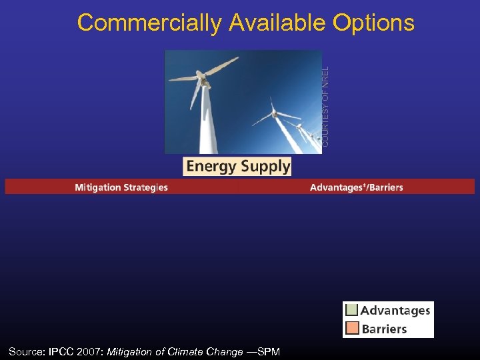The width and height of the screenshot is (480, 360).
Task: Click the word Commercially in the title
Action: click(149, 23)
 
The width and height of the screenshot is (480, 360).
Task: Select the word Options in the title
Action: click(372, 23)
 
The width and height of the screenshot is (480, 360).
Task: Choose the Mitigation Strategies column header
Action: click(121, 187)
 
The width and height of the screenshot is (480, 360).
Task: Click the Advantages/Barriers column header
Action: click(356, 187)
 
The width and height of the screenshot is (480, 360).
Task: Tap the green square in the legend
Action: click(351, 310)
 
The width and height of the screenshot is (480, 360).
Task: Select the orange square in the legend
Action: click(351, 328)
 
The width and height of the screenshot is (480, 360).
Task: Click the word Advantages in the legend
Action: click(395, 310)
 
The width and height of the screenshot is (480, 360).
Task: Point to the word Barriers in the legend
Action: click(384, 329)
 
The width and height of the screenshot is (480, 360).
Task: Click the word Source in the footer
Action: click(27, 351)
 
